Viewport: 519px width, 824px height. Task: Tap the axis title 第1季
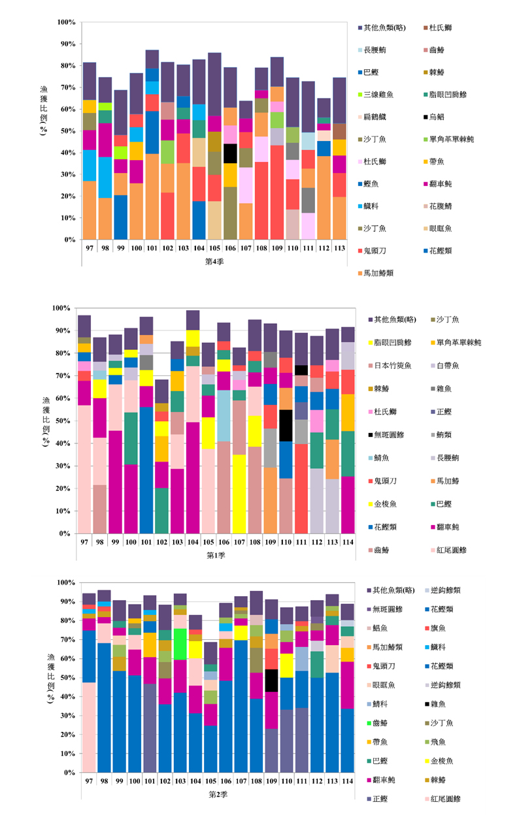(x=212, y=555)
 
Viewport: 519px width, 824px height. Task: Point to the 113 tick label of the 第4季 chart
(x=339, y=248)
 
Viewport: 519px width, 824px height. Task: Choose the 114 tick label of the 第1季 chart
(x=347, y=542)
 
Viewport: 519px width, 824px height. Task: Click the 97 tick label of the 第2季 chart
(x=87, y=781)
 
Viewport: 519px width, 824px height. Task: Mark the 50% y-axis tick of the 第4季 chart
(x=67, y=131)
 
